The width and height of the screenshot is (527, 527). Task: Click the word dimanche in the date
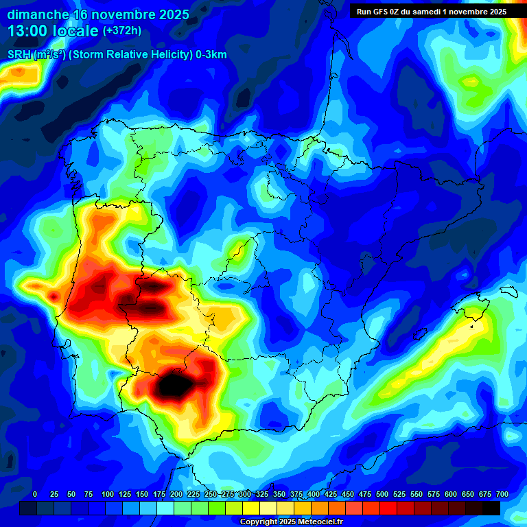click(38, 14)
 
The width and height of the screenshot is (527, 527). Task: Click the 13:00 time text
click(28, 31)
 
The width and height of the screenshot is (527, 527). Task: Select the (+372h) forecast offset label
click(121, 31)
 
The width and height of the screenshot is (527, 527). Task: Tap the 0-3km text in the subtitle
click(211, 55)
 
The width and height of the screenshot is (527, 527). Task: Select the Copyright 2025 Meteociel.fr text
click(291, 522)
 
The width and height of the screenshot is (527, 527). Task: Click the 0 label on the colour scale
click(35, 494)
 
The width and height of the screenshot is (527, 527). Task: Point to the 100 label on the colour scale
click(108, 494)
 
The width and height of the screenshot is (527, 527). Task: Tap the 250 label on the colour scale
click(211, 494)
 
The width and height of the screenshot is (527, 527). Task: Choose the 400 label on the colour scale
click(314, 494)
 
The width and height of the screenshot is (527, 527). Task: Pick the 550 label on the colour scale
click(417, 494)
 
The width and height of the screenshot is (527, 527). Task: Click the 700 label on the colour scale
click(502, 494)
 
